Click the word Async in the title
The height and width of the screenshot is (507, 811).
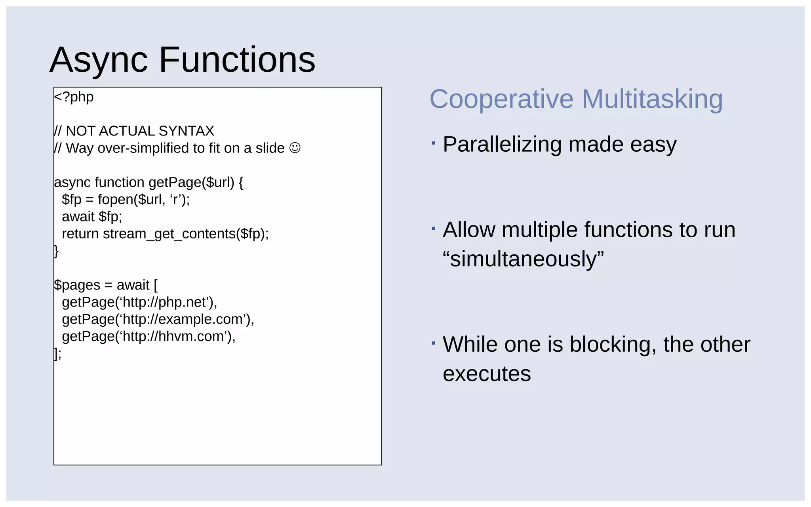click(x=99, y=60)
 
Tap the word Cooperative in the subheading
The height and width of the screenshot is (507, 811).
click(x=501, y=99)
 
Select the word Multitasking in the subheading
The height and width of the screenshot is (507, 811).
click(x=652, y=99)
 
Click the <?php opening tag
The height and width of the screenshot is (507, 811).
click(x=74, y=97)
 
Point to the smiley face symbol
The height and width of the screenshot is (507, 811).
click(x=295, y=148)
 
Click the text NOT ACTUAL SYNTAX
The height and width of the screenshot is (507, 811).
click(x=140, y=131)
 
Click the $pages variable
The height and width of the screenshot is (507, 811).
click(x=77, y=285)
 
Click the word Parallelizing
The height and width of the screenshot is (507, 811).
click(x=502, y=144)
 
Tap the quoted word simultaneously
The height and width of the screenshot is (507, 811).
click(x=523, y=259)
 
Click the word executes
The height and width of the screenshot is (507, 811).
click(x=487, y=374)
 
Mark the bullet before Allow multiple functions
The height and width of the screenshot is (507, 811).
click(x=434, y=229)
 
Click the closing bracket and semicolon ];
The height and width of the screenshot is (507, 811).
click(x=58, y=353)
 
